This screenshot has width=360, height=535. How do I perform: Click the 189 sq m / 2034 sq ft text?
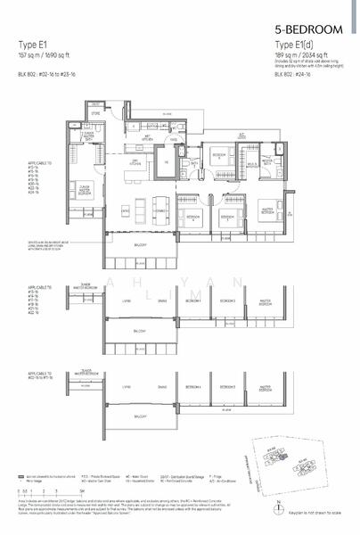[293, 53]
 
